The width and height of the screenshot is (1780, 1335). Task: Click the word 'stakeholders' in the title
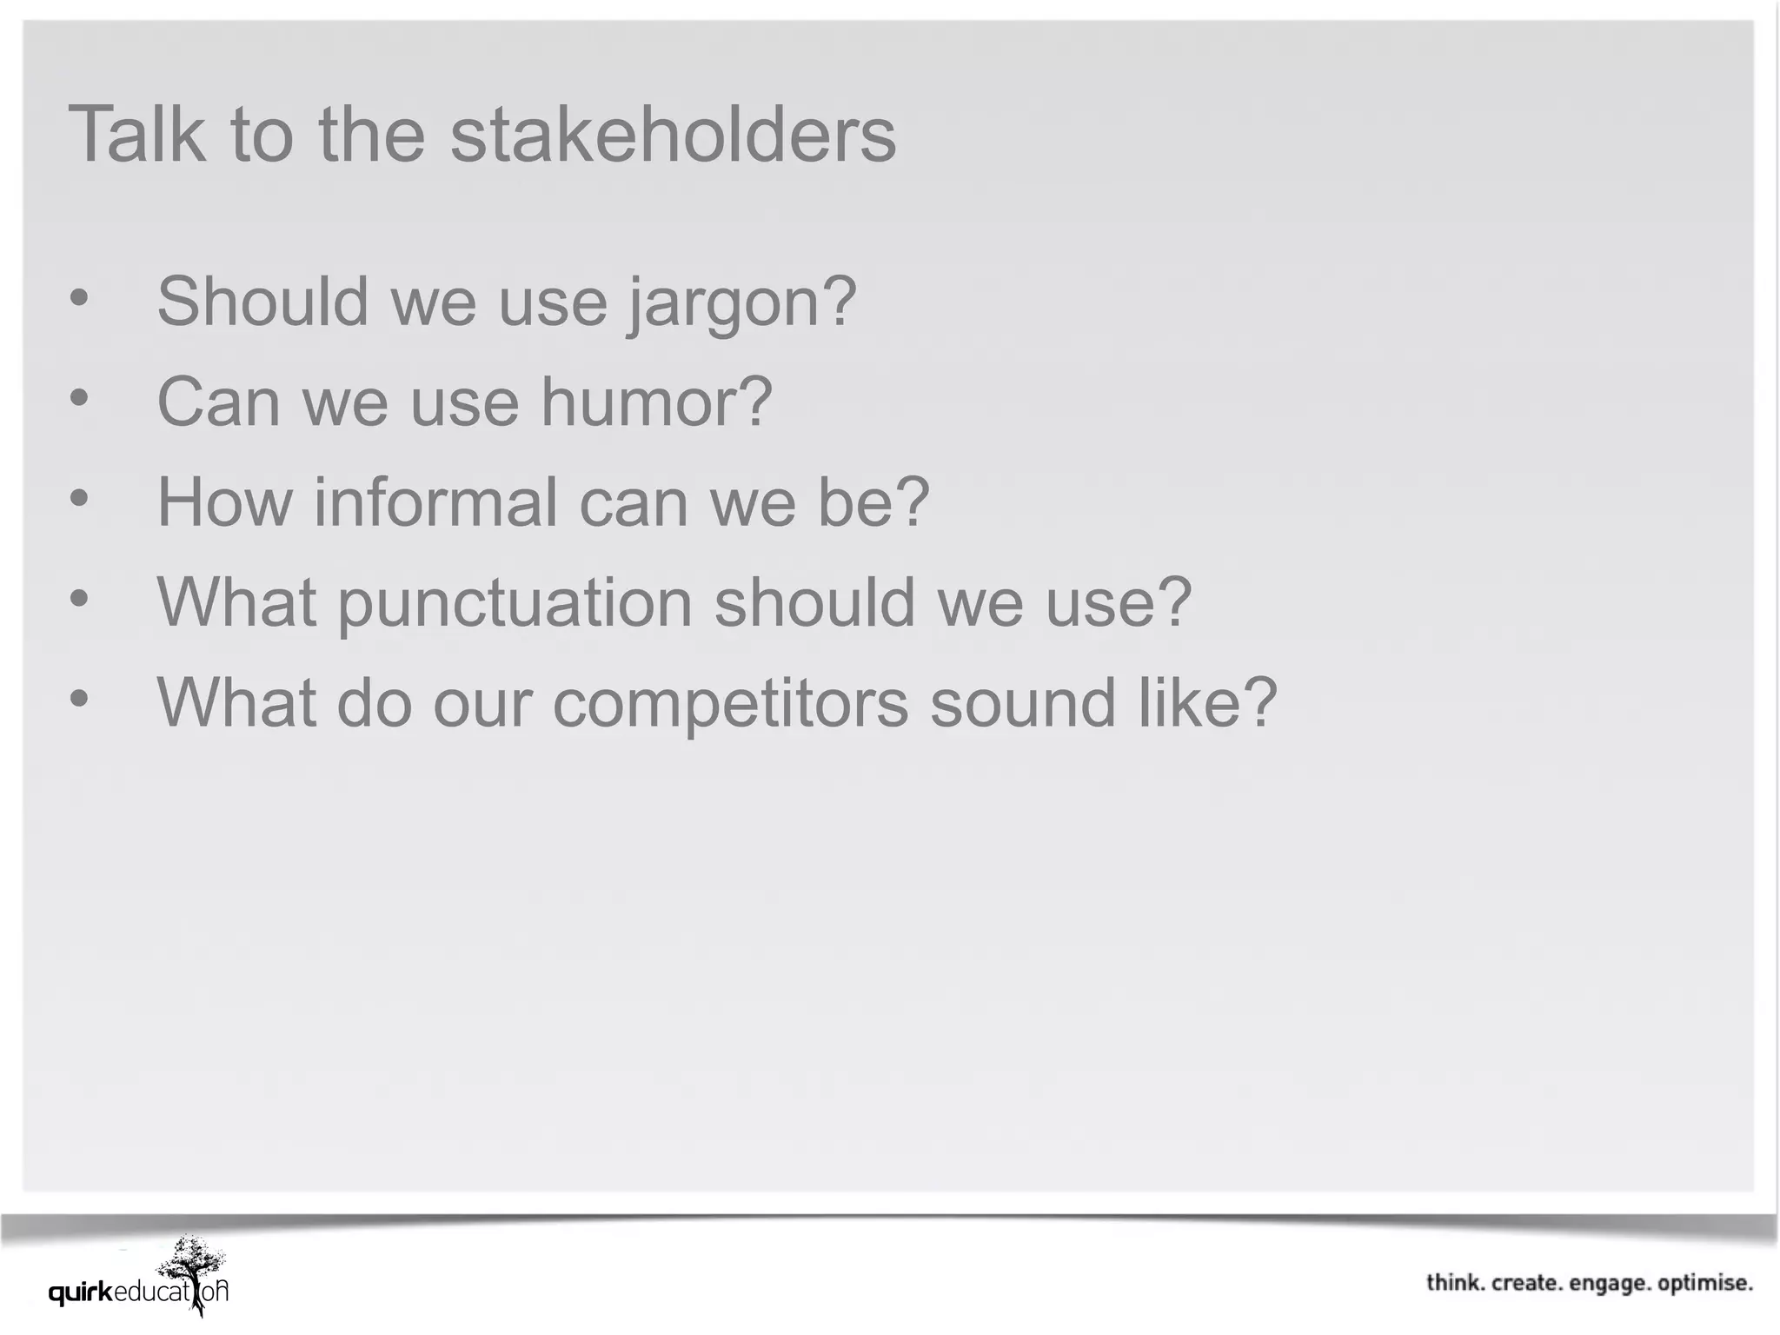pos(673,135)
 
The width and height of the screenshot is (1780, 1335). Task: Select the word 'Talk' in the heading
pos(137,135)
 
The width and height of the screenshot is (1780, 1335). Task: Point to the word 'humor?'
pos(656,402)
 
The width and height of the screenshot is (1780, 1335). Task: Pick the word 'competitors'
pos(731,703)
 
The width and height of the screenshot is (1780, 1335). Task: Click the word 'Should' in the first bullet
pos(262,302)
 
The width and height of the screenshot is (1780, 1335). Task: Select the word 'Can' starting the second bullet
pos(218,402)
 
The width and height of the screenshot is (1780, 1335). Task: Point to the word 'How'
pos(223,502)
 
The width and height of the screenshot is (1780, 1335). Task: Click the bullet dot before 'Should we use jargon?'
pos(79,298)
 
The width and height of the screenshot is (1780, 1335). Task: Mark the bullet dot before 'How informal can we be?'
pos(79,499)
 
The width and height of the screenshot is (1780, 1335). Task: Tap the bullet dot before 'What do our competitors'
pos(79,699)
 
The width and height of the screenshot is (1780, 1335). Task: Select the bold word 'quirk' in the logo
pos(81,1294)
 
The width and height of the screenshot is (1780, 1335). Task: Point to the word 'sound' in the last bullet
pos(1023,703)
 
